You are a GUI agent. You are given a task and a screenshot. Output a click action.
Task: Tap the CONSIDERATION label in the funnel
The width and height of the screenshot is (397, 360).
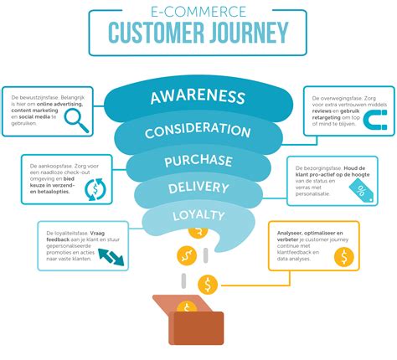(x=197, y=131)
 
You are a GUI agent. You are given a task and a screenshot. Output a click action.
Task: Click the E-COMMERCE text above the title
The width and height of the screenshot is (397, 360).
(x=198, y=13)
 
